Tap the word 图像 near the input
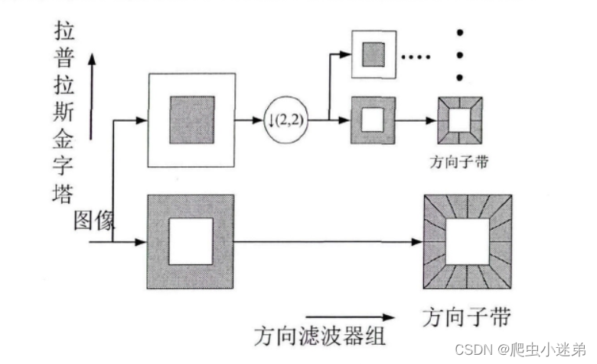94,221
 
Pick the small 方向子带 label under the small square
460,162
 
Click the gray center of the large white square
191,120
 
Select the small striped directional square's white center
460,121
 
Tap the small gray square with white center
374,120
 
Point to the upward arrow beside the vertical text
92,96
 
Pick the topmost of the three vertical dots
460,33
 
